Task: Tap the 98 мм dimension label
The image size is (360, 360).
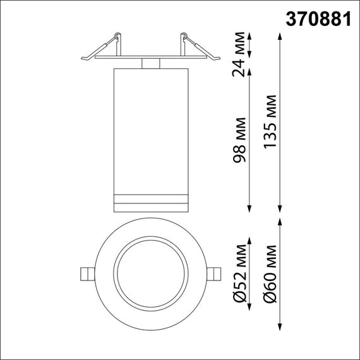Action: pos(239,140)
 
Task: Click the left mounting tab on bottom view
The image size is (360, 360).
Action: pos(87,273)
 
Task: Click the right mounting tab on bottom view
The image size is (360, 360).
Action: pos(215,273)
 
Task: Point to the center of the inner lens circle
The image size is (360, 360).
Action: pos(150,273)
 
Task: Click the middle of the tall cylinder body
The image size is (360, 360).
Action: pos(150,133)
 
